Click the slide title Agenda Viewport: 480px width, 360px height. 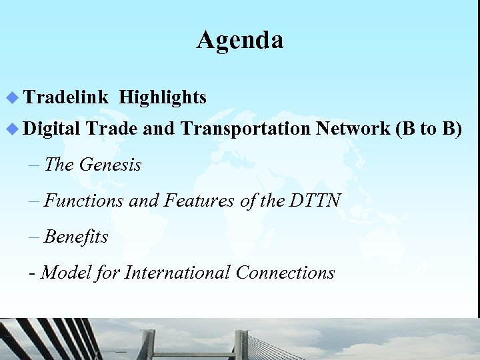coord(240,40)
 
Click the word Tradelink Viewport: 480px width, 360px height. coord(66,98)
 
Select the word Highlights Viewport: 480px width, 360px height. coord(163,98)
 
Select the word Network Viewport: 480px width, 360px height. coord(353,129)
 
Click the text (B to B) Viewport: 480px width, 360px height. coord(429,129)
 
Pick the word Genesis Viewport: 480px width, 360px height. coord(110,164)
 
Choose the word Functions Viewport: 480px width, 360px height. coord(84,200)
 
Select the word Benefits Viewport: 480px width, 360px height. coord(76,237)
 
